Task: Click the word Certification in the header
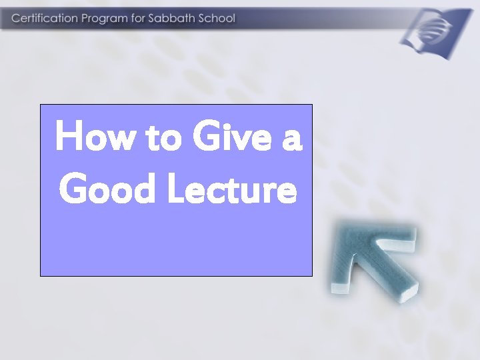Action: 44,19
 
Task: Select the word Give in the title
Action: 229,137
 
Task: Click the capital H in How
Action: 69,137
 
